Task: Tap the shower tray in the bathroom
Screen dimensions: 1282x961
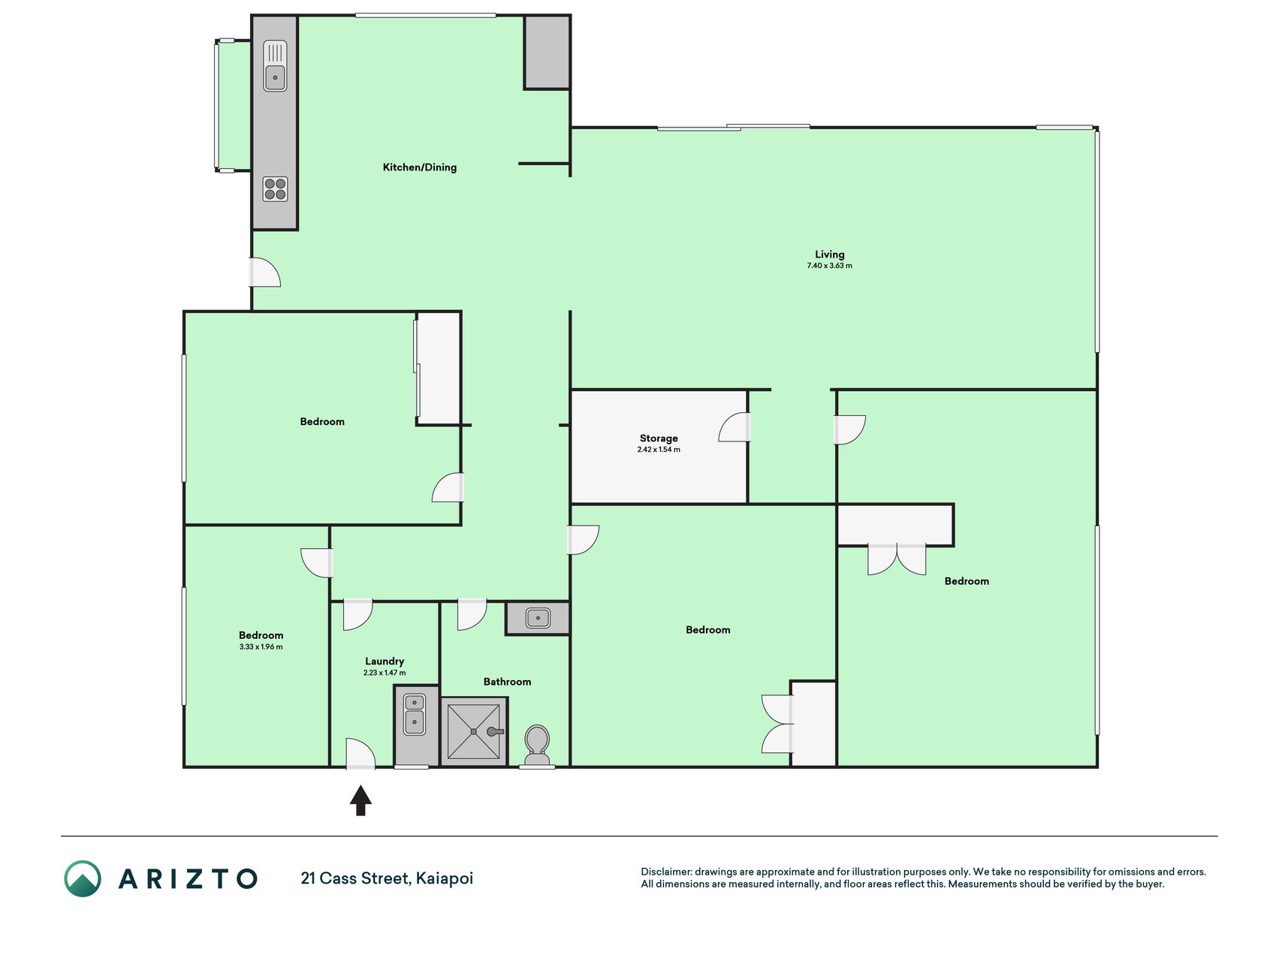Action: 474,731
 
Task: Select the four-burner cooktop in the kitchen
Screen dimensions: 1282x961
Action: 275,189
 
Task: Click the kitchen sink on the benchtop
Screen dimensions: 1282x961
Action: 275,66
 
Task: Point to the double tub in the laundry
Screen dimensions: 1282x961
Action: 415,714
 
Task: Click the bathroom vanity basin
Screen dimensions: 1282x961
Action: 538,618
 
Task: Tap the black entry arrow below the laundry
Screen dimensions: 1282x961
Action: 360,800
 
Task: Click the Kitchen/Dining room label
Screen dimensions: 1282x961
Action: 420,167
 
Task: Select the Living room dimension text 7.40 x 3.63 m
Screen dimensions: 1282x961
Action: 829,266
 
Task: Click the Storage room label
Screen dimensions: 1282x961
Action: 659,438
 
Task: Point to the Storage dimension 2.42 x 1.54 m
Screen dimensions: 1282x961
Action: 659,450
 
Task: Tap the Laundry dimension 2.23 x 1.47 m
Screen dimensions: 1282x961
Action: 385,673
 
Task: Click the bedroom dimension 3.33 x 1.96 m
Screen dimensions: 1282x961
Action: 261,646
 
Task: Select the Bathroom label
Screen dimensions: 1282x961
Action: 507,682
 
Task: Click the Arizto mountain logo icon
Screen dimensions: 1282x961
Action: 83,878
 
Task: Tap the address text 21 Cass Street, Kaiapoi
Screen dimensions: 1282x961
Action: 387,878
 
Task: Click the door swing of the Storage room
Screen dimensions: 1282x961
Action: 733,427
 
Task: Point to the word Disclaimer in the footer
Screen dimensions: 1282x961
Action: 666,872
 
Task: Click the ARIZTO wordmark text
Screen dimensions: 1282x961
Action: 188,878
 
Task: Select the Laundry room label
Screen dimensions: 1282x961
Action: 385,661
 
